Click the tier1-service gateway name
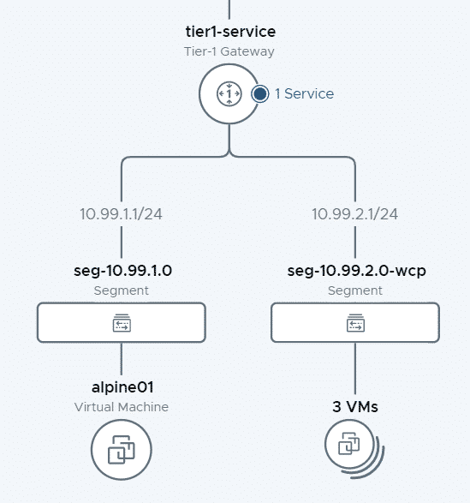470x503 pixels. pos(230,32)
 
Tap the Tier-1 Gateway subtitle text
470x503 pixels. pos(229,51)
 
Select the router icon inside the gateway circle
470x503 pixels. pos(229,93)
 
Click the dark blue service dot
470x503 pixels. pos(260,94)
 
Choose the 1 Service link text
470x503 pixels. pos(304,93)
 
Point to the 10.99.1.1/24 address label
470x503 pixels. pos(122,214)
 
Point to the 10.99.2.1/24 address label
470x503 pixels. pos(355,214)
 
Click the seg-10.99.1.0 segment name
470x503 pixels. pos(122,271)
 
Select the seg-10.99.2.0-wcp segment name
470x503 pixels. pos(356,271)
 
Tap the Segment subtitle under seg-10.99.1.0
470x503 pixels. pos(122,290)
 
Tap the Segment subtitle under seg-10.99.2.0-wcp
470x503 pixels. pos(355,290)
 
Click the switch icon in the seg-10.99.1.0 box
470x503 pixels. pos(122,323)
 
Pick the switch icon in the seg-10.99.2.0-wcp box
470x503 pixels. pos(355,323)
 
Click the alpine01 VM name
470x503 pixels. pos(122,387)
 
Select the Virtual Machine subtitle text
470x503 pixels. pos(122,407)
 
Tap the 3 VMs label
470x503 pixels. pos(355,407)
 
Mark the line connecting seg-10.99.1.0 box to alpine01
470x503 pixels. pos(122,359)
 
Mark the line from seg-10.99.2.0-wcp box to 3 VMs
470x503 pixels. pos(355,368)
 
